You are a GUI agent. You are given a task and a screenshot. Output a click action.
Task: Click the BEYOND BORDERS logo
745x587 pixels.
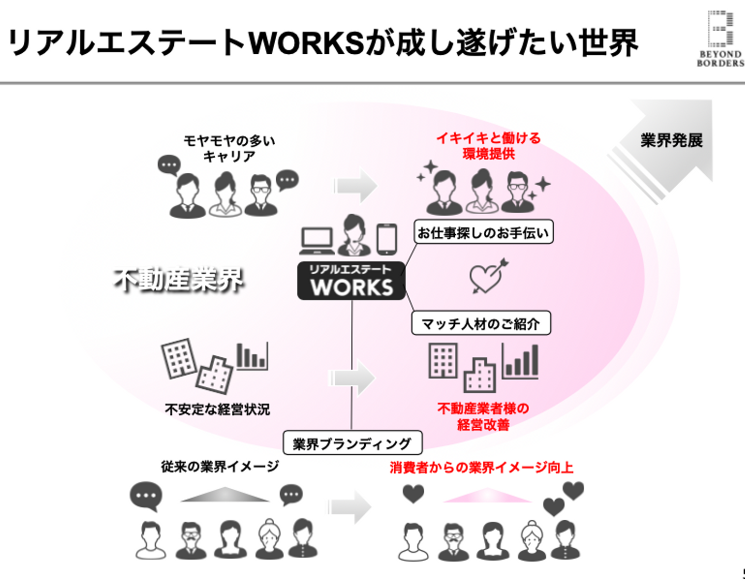click(x=720, y=39)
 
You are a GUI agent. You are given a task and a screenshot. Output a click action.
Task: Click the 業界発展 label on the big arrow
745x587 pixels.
click(x=671, y=140)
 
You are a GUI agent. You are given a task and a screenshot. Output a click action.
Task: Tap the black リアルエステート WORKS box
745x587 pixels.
click(x=351, y=281)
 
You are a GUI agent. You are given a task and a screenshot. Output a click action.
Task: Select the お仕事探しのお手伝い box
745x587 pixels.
click(x=483, y=232)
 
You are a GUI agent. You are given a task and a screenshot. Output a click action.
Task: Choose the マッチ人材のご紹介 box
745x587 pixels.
click(x=481, y=324)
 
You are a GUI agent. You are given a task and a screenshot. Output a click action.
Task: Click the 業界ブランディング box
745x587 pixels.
click(x=352, y=443)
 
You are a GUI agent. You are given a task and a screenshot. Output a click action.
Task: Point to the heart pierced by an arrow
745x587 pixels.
click(x=487, y=276)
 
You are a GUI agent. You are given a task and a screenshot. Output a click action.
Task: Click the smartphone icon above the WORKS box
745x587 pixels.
click(x=386, y=239)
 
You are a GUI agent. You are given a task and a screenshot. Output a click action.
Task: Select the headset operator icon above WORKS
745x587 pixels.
click(x=353, y=236)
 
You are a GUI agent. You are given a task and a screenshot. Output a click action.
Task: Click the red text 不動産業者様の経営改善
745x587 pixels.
click(x=483, y=416)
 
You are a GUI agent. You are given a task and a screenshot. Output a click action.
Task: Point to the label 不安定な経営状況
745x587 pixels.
click(x=217, y=410)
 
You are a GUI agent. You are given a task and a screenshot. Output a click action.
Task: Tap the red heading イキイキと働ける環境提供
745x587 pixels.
click(x=488, y=145)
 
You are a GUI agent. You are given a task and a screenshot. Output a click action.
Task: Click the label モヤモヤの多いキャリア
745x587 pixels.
click(x=229, y=148)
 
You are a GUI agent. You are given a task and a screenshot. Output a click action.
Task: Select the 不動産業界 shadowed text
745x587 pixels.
click(x=179, y=280)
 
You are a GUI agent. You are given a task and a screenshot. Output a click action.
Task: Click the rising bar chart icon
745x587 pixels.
click(x=520, y=362)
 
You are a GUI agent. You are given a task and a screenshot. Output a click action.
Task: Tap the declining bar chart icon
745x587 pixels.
click(x=252, y=356)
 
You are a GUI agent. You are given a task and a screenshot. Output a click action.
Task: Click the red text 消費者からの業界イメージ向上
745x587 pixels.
click(x=481, y=468)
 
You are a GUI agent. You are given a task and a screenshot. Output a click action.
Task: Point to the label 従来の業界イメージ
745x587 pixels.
click(x=219, y=466)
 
